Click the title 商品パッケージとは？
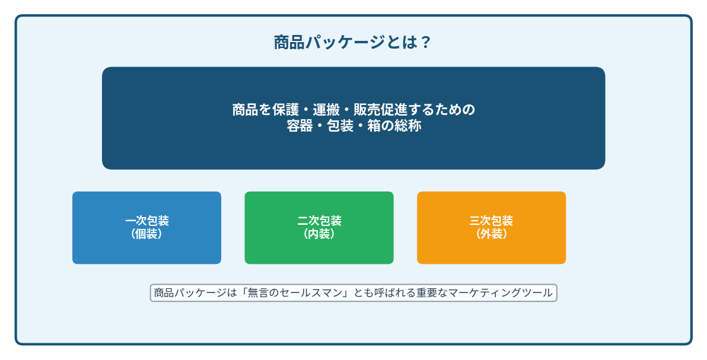click(x=353, y=43)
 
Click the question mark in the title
click(x=425, y=43)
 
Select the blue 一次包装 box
click(x=147, y=228)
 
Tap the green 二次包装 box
click(x=319, y=228)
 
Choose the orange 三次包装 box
click(x=492, y=228)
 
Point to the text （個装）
click(x=147, y=234)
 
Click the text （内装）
click(x=319, y=234)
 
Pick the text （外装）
click(x=492, y=234)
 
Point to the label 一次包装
click(x=147, y=221)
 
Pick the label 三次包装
click(x=492, y=221)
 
